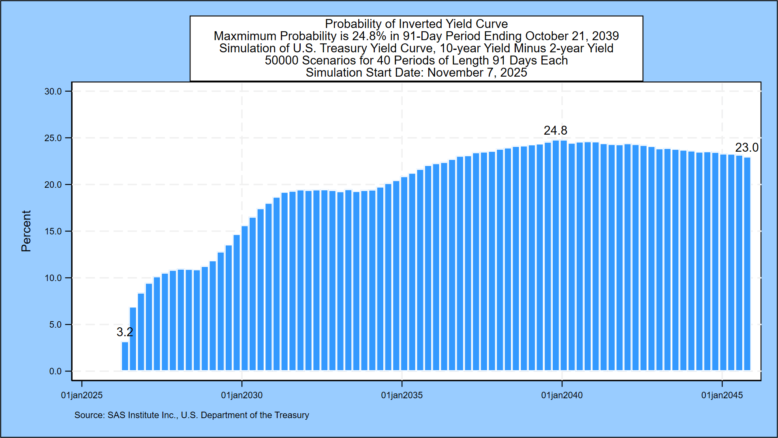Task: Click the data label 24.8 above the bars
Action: coord(555,131)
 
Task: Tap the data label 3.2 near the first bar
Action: coord(124,332)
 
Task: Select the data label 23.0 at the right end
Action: coord(746,148)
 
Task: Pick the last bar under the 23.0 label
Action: coord(747,264)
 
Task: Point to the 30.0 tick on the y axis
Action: coord(53,92)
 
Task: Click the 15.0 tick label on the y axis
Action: coord(53,232)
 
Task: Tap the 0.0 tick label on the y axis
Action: coord(55,371)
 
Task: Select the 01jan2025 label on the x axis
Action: coord(82,395)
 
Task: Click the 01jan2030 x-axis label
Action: coord(242,395)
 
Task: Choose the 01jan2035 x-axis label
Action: coord(402,395)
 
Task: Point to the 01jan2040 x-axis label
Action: coord(562,395)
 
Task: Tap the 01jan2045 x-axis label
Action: coord(722,395)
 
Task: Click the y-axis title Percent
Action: coord(26,231)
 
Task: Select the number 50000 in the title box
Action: coord(282,60)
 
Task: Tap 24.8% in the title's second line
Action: coord(369,36)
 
